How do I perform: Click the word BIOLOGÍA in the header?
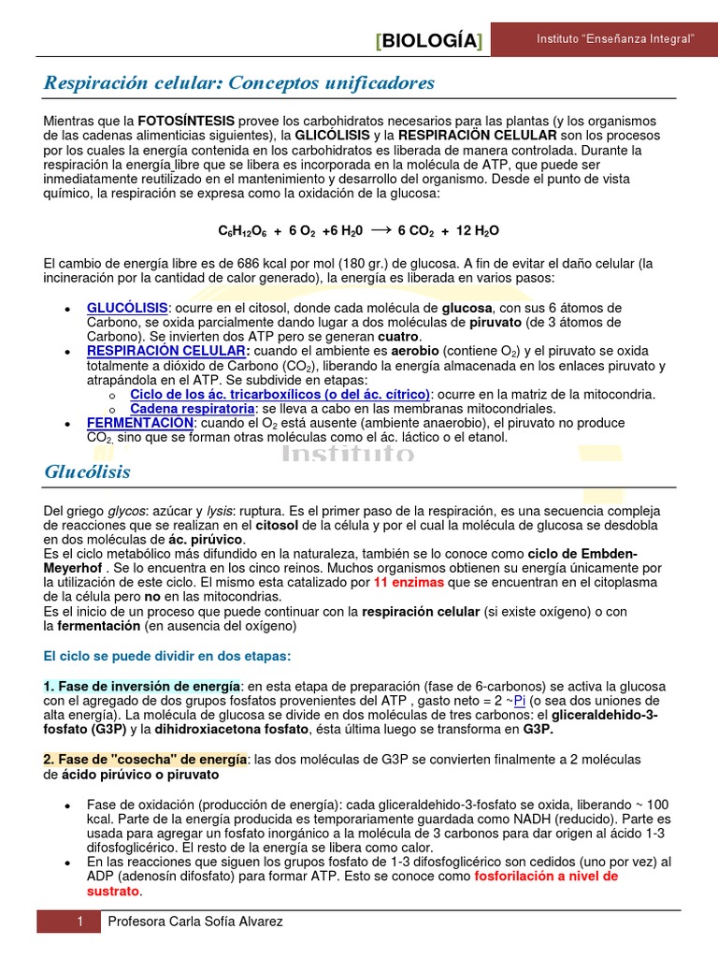(429, 41)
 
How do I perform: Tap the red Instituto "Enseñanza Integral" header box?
(614, 39)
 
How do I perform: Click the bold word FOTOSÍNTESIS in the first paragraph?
(186, 122)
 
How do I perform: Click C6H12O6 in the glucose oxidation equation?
(243, 231)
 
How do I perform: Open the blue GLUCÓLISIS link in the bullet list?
(127, 308)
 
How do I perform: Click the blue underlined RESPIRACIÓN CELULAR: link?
(168, 351)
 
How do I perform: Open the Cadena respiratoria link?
(192, 409)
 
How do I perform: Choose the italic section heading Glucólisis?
(87, 472)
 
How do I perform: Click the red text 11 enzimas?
(409, 582)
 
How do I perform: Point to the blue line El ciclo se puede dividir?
(167, 656)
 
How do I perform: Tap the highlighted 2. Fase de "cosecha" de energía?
(145, 759)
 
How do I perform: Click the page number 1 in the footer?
(81, 922)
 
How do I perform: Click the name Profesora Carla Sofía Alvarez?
(195, 922)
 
